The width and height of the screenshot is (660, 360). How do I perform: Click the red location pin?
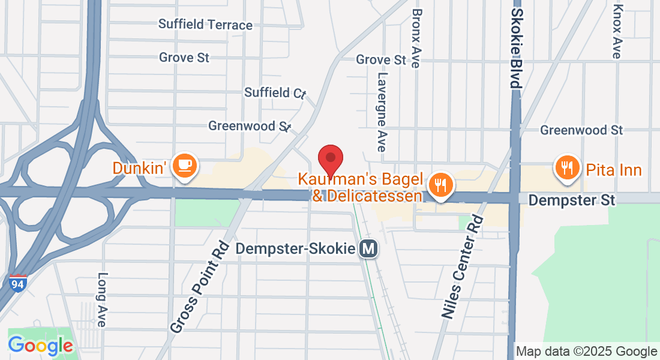pos(330,159)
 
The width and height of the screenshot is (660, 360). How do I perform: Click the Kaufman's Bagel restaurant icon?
pos(441,185)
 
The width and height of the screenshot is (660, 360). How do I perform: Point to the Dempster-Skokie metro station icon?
pos(368,248)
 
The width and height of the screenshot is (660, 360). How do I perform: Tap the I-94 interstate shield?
pos(18,283)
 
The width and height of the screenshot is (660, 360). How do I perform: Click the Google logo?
pos(40,346)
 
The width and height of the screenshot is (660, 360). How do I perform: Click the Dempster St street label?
pos(571,200)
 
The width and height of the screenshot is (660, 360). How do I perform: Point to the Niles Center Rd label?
pos(463,266)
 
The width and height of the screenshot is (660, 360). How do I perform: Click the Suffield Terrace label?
pos(205,25)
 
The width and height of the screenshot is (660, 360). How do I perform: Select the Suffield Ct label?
pos(275,92)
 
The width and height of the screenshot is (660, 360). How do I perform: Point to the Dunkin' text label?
pos(139,168)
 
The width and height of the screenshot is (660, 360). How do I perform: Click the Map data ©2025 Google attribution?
pos(587,352)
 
